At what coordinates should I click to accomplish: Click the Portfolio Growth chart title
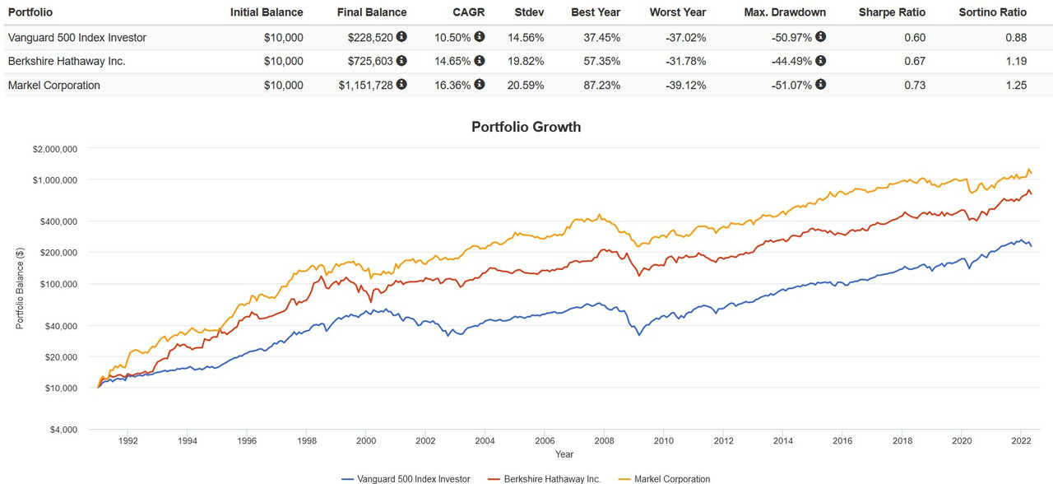coord(526,127)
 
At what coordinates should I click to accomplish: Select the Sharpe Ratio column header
coord(892,12)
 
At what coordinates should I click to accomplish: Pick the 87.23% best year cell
coord(602,85)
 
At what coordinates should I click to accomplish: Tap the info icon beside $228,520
coord(401,37)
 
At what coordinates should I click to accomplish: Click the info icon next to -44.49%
coord(820,61)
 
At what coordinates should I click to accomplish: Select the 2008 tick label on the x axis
coord(603,440)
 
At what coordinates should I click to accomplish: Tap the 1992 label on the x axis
coord(128,440)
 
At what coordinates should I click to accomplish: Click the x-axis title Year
coord(564,454)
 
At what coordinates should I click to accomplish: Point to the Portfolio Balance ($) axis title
coord(20,289)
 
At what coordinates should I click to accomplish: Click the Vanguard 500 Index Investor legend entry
coord(405,478)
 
